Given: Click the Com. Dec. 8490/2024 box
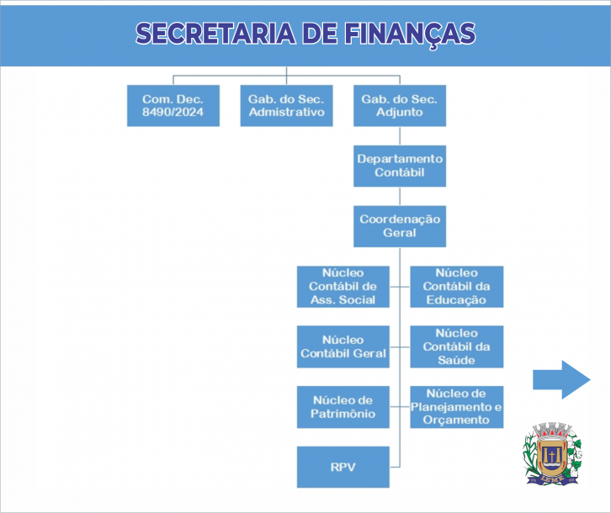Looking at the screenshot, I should point(173,105).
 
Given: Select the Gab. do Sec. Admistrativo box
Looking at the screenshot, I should point(286,105).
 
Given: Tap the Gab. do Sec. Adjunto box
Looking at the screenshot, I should point(399,105).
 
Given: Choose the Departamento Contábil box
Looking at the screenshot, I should point(399,166).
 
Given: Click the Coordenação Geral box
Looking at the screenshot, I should point(399,225).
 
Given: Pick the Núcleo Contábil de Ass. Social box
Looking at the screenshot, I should point(343,286).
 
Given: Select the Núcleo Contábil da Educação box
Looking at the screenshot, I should point(456,286).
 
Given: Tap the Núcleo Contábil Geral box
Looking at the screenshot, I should point(343,346).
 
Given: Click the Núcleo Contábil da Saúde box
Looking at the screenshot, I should point(456,346).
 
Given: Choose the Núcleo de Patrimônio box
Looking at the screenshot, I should point(343,407).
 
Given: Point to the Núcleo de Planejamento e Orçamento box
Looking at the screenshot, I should point(456,407).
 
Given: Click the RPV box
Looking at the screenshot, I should point(343,468).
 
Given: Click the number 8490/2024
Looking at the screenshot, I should point(173,112).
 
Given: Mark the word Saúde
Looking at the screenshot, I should point(456,360).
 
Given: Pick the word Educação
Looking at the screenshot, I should point(456,299).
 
